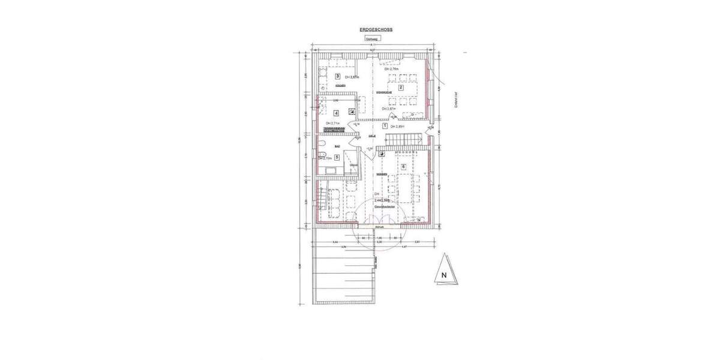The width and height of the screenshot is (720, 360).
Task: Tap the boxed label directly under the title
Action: coord(373,39)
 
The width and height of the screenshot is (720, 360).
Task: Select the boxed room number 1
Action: coord(385,125)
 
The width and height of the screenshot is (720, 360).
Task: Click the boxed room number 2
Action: coord(401,88)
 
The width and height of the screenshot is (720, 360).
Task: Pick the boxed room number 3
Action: coord(338,76)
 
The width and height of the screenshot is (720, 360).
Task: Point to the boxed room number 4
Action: coord(336,112)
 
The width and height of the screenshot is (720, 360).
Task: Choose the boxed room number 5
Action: coord(337,158)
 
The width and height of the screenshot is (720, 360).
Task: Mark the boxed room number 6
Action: coord(403,166)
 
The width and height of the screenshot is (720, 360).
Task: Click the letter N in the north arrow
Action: coord(443,275)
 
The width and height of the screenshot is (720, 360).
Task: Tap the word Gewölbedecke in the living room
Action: coord(383,205)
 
